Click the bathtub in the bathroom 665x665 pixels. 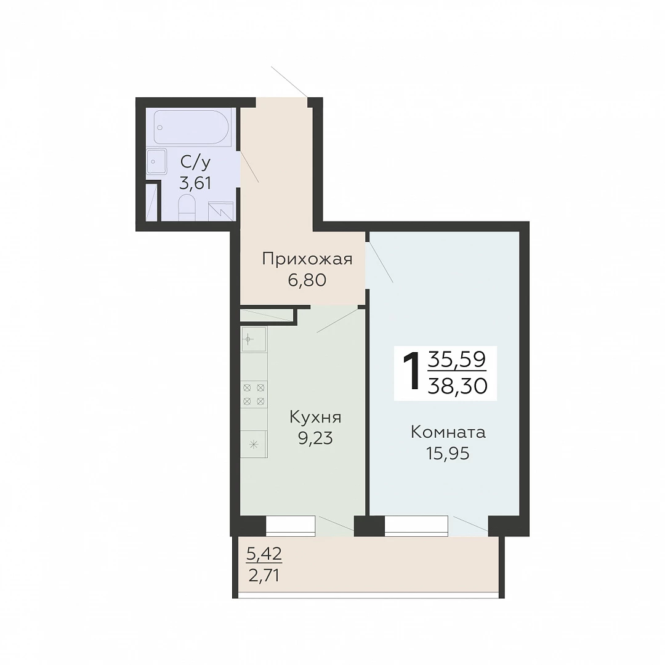[x=191, y=127]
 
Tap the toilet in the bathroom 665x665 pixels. [x=186, y=208]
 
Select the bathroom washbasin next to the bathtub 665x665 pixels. [x=156, y=161]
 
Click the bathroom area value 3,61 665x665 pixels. [x=196, y=183]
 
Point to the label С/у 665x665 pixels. [x=196, y=161]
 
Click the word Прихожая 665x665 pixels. [x=307, y=258]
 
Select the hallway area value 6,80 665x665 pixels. [x=307, y=280]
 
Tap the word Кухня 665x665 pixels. [x=315, y=417]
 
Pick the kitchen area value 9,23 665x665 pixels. [x=315, y=438]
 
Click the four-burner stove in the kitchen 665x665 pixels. [x=254, y=394]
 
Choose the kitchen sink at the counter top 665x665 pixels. [x=254, y=339]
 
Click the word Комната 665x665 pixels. [x=448, y=432]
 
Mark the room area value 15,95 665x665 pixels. [x=448, y=453]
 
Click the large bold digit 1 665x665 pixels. [x=411, y=373]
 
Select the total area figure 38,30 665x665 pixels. [x=457, y=386]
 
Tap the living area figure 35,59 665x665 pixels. [x=457, y=360]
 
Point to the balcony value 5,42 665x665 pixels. [x=264, y=554]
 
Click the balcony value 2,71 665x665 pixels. [x=264, y=576]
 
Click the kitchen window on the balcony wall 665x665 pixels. [x=290, y=526]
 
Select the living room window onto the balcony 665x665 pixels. [x=416, y=526]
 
